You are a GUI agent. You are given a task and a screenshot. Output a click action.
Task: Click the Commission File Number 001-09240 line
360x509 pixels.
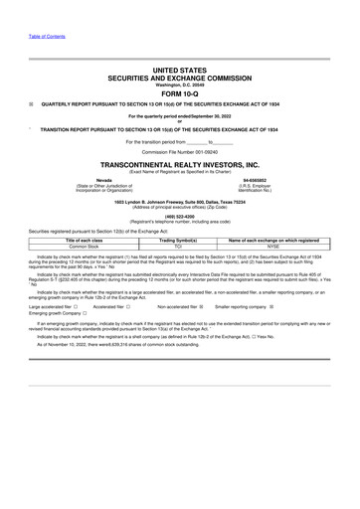[179, 150]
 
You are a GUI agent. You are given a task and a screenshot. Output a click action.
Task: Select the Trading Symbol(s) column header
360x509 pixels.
[179, 241]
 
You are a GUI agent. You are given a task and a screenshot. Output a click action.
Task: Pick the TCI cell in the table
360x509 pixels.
[179, 247]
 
